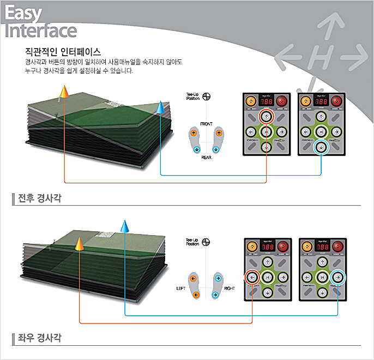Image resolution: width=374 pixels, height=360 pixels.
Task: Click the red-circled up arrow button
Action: pos(266,116)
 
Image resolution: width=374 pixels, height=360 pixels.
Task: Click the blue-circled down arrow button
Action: pos(322,147)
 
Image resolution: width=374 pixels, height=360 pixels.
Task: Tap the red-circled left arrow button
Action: pos(252,277)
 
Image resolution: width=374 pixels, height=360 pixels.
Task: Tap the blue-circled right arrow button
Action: pos(338,277)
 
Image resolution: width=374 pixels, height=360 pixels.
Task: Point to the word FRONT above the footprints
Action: pos(207,124)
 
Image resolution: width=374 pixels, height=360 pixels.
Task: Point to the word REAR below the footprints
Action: pos(207,157)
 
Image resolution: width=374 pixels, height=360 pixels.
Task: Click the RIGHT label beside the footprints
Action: pos(230,287)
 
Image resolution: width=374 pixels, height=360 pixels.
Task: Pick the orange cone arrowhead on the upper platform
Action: pos(64,92)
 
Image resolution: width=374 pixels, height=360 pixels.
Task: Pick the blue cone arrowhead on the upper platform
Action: pos(160,107)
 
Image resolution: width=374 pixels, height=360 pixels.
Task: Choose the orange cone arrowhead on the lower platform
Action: pos(80,244)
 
